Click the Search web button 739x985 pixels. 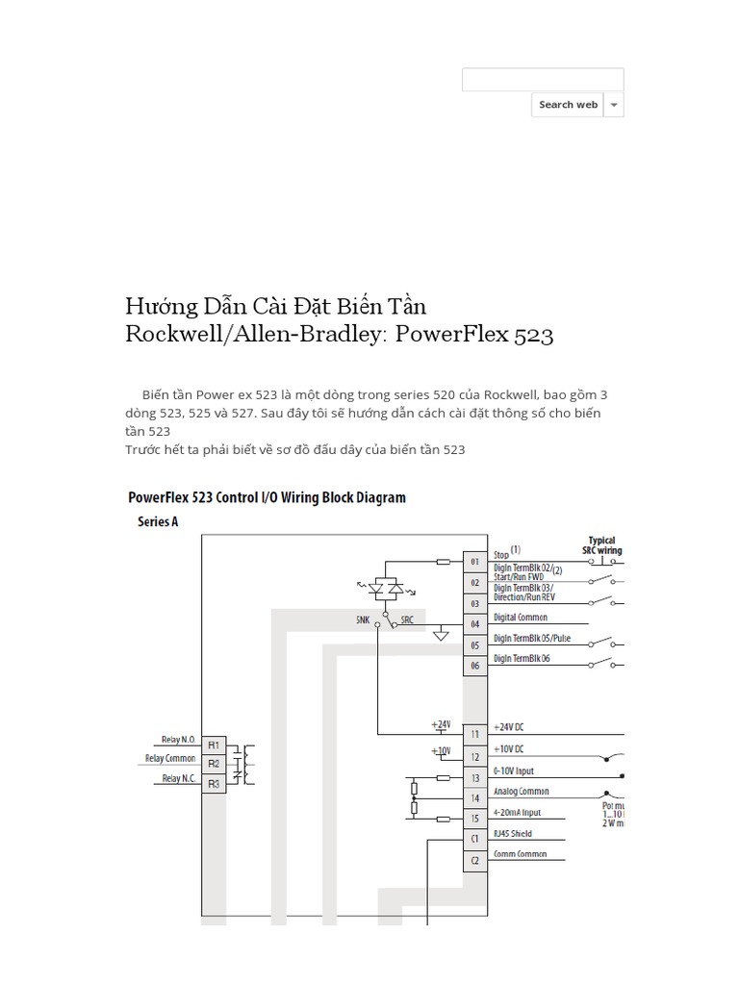pyautogui.click(x=568, y=105)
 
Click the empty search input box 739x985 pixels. pyautogui.click(x=543, y=80)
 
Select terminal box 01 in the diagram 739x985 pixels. pyautogui.click(x=475, y=560)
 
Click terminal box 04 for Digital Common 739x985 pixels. pyautogui.click(x=475, y=623)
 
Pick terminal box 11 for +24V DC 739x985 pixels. pyautogui.click(x=475, y=733)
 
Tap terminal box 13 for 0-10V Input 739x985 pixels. pyautogui.click(x=475, y=777)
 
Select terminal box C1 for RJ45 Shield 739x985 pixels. pyautogui.click(x=475, y=839)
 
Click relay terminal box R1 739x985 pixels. pyautogui.click(x=214, y=745)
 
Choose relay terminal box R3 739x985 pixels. pyautogui.click(x=214, y=783)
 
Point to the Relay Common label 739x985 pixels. pyautogui.click(x=170, y=759)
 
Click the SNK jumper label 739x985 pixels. pyautogui.click(x=362, y=620)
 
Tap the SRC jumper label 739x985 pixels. pyautogui.click(x=407, y=620)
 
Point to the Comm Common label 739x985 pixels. pyautogui.click(x=521, y=854)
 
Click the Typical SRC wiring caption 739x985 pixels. pyautogui.click(x=601, y=545)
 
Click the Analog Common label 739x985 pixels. pyautogui.click(x=522, y=792)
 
